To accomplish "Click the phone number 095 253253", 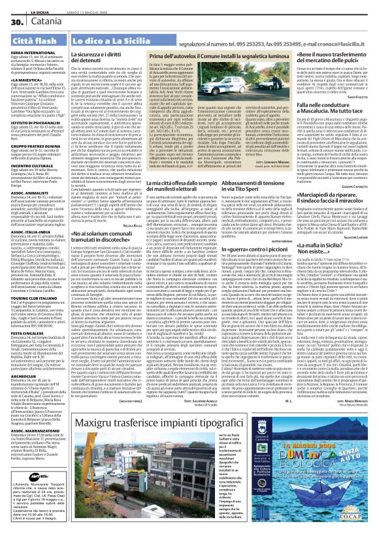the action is [x=218, y=42].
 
